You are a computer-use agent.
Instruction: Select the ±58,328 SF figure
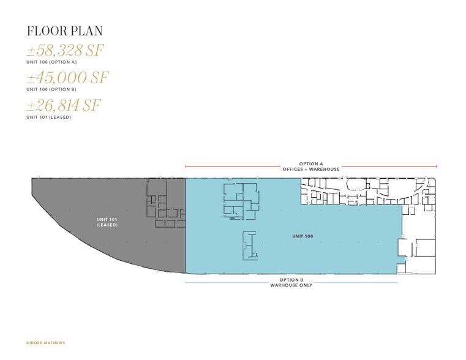[x=64, y=51]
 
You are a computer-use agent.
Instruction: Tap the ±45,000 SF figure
[x=67, y=78]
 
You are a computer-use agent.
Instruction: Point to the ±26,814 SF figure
[x=63, y=105]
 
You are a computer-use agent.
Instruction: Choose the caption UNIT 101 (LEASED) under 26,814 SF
[x=48, y=117]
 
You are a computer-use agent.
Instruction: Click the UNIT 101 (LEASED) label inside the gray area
[x=107, y=222]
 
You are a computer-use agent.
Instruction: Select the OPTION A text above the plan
[x=310, y=164]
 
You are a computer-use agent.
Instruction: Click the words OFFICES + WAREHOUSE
[x=310, y=169]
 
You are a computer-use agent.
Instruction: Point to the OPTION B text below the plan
[x=291, y=280]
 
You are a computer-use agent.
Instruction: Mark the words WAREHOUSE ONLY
[x=291, y=285]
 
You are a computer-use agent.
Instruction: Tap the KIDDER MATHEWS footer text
[x=46, y=342]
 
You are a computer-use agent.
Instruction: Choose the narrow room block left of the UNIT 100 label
[x=248, y=244]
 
